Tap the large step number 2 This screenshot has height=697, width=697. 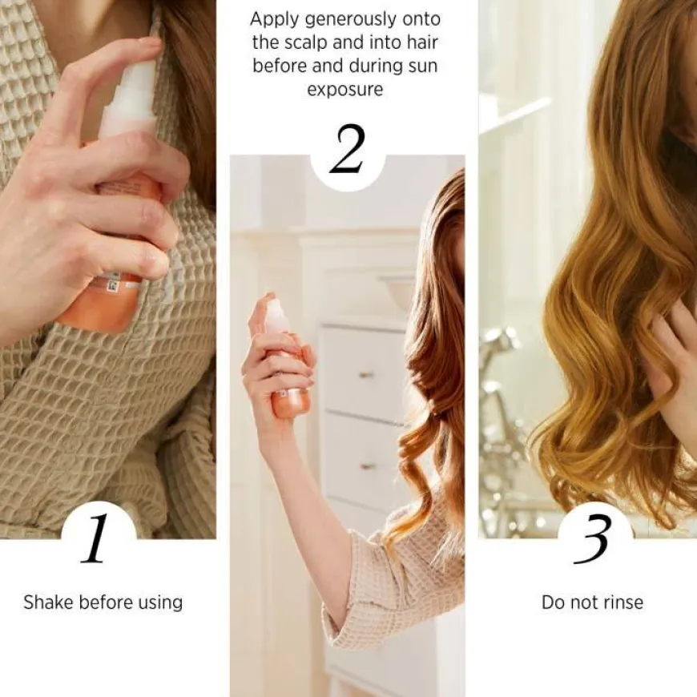tap(347, 149)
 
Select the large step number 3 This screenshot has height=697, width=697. tap(592, 539)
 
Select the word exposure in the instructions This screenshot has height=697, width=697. tap(345, 90)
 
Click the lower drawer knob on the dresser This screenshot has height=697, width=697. tap(366, 467)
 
